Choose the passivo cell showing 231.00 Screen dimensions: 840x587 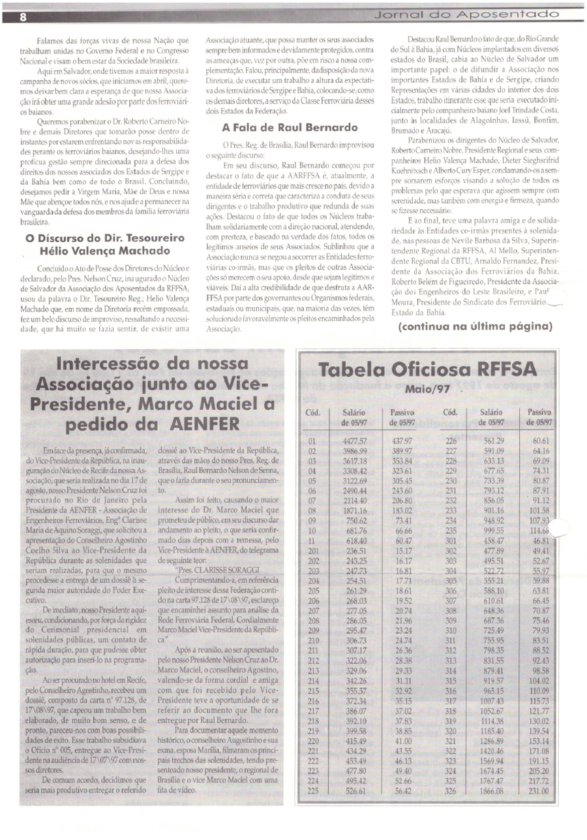(x=539, y=792)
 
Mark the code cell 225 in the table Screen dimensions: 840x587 (x=314, y=792)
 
